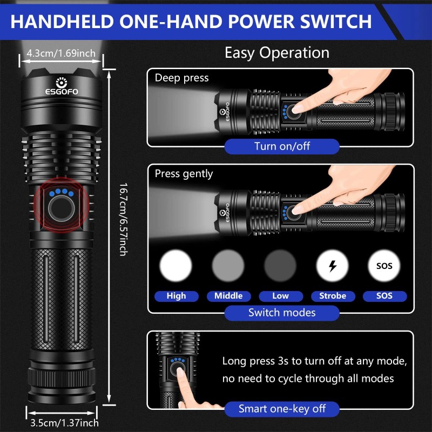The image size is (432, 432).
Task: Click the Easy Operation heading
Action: coord(276,53)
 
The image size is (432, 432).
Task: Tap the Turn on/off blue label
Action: coord(282,146)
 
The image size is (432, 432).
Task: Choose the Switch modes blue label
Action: coord(282,313)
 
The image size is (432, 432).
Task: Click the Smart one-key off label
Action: coord(282,409)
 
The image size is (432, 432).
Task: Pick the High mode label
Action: coord(176,296)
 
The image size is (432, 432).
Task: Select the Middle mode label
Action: coord(228,296)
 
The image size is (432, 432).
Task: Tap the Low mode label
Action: coord(280,296)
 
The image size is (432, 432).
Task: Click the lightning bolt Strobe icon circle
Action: coord(332,266)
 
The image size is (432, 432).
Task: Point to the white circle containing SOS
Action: coord(384,266)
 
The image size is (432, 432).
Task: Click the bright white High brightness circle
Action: coord(176,266)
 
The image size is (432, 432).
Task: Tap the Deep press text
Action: coord(181,78)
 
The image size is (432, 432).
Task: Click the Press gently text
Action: coord(184,174)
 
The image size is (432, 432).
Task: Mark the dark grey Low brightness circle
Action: coord(280,266)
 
